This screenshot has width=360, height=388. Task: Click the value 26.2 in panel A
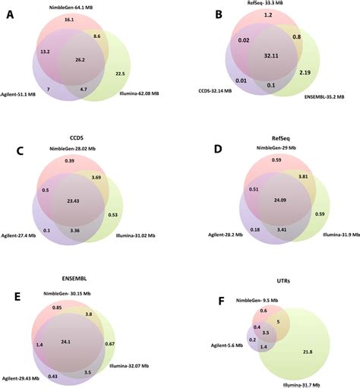79,58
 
